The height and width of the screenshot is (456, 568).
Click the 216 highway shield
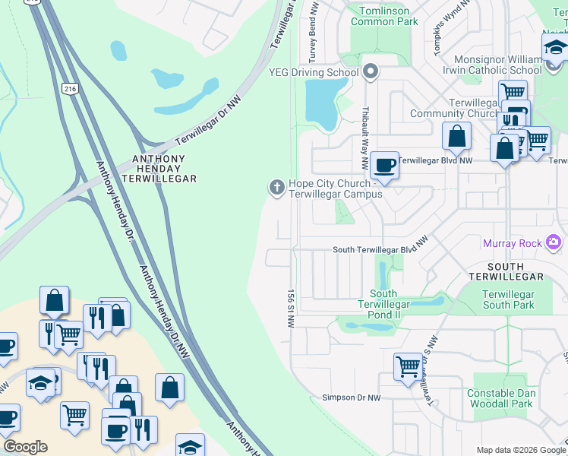click(x=71, y=89)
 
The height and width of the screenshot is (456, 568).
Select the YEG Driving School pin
click(x=371, y=72)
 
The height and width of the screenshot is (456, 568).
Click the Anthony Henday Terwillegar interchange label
click(x=165, y=169)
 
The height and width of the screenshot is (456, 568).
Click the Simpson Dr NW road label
click(x=351, y=397)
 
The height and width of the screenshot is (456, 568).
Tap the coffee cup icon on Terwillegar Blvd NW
click(x=385, y=165)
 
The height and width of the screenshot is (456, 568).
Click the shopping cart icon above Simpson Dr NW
click(x=408, y=366)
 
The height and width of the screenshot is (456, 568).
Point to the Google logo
click(x=24, y=447)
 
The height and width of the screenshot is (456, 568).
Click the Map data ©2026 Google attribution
click(x=520, y=450)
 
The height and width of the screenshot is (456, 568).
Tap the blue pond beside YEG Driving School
click(x=322, y=104)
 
